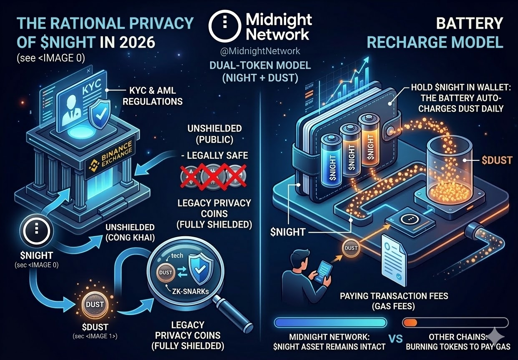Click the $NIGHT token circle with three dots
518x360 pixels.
37,228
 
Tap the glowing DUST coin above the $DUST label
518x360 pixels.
95,305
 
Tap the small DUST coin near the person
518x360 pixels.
351,248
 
